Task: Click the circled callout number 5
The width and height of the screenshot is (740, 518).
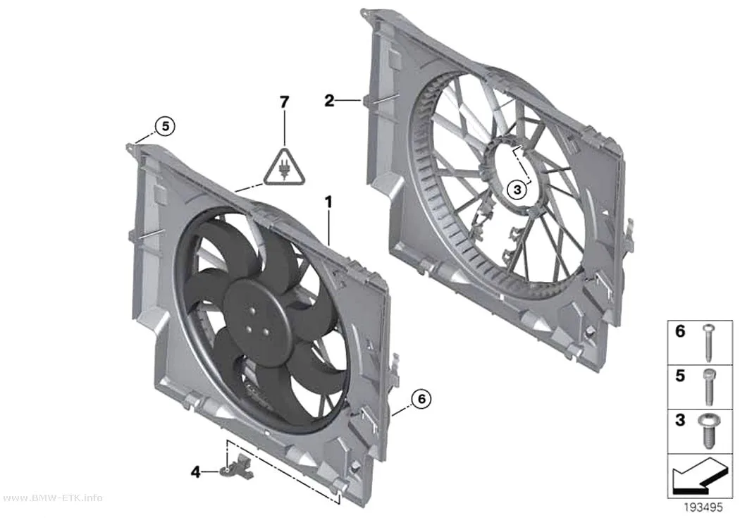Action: point(165,126)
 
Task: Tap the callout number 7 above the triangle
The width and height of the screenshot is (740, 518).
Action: point(284,101)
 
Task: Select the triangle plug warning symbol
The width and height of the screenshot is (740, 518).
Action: point(284,166)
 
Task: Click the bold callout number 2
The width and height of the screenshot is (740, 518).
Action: point(329,100)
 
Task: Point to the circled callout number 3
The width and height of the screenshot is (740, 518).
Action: point(517,190)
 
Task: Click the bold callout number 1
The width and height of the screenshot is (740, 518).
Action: point(328,202)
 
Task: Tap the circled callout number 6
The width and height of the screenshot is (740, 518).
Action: point(421,399)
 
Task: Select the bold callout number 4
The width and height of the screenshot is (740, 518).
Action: point(196,471)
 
